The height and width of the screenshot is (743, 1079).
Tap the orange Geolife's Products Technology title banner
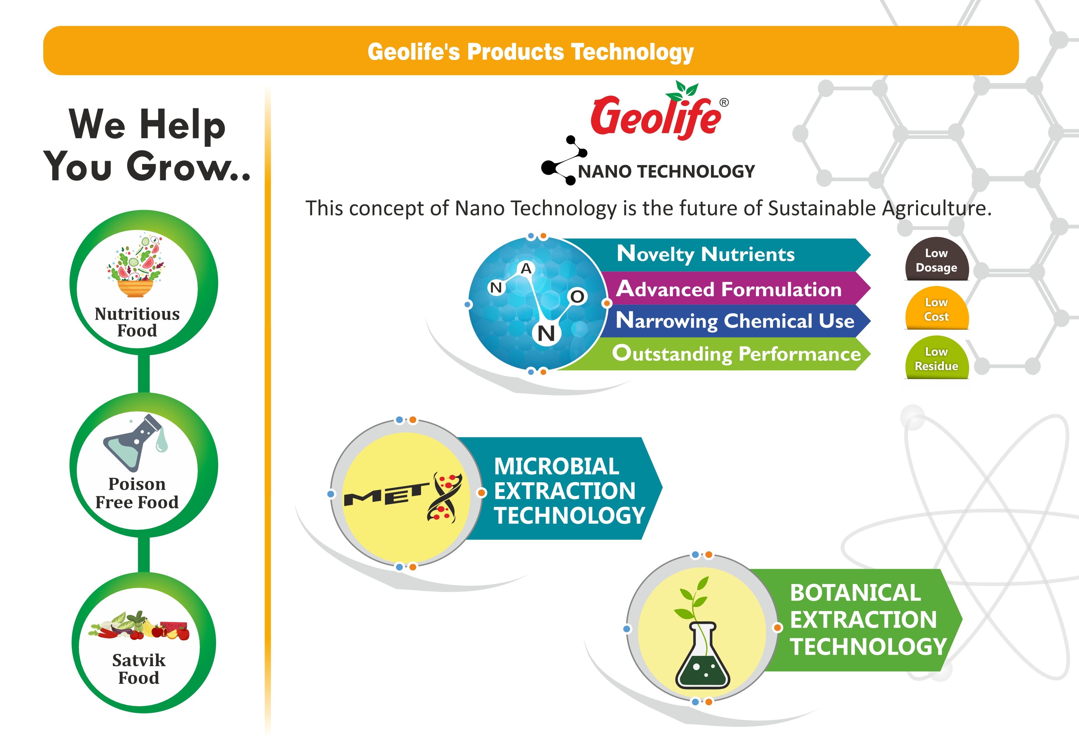click(x=531, y=51)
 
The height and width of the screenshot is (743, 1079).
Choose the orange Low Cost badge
click(x=937, y=309)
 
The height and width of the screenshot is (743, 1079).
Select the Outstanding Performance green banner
click(x=716, y=354)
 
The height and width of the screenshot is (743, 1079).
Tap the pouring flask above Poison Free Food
click(x=135, y=442)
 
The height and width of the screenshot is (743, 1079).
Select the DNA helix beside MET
click(x=445, y=498)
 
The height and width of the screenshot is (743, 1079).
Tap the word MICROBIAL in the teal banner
click(x=557, y=466)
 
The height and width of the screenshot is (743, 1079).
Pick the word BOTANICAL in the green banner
click(x=855, y=593)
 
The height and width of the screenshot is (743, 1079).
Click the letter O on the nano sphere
click(x=577, y=297)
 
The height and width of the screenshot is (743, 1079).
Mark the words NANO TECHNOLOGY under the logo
click(x=666, y=171)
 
